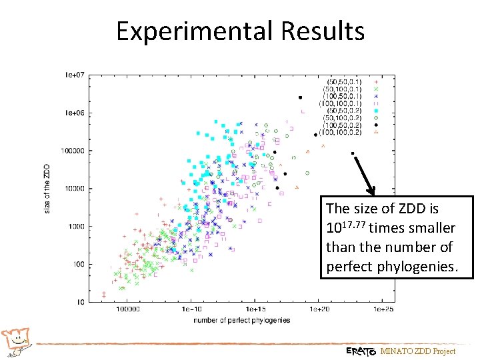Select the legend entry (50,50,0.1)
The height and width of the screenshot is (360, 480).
coord(342,80)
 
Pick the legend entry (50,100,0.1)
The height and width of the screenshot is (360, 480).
coord(341,89)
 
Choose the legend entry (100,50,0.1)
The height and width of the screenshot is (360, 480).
coord(341,96)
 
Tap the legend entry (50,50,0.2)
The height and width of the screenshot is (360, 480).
coord(342,110)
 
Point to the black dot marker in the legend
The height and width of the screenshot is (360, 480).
coord(376,125)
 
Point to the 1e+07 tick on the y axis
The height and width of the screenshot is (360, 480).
coord(74,75)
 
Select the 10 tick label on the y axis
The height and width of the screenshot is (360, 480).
coord(79,302)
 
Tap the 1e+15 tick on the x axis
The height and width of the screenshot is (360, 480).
coord(255,310)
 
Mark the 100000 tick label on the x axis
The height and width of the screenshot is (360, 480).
coord(128,310)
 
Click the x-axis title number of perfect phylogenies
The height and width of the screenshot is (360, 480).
coord(241,320)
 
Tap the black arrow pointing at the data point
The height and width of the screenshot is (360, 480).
coord(365,175)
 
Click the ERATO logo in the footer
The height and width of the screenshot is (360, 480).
coord(361,351)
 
